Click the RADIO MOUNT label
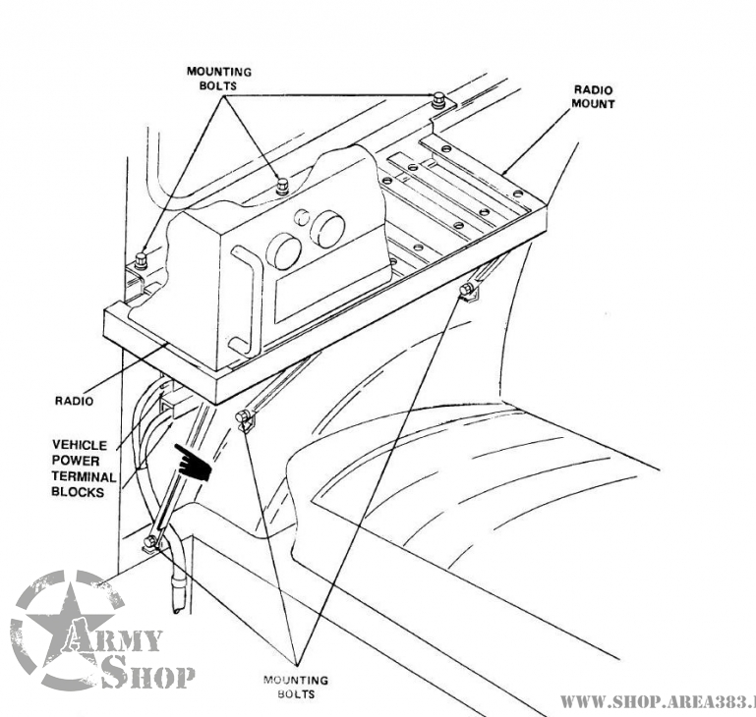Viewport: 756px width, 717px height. [594, 96]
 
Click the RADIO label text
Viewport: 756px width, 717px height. [73, 401]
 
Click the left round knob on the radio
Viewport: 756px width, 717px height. [285, 251]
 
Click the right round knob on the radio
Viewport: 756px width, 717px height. [327, 232]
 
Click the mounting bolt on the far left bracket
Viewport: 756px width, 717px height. [141, 260]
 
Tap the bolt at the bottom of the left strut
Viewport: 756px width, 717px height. [149, 541]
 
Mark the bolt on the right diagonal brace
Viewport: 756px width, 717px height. [466, 290]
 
